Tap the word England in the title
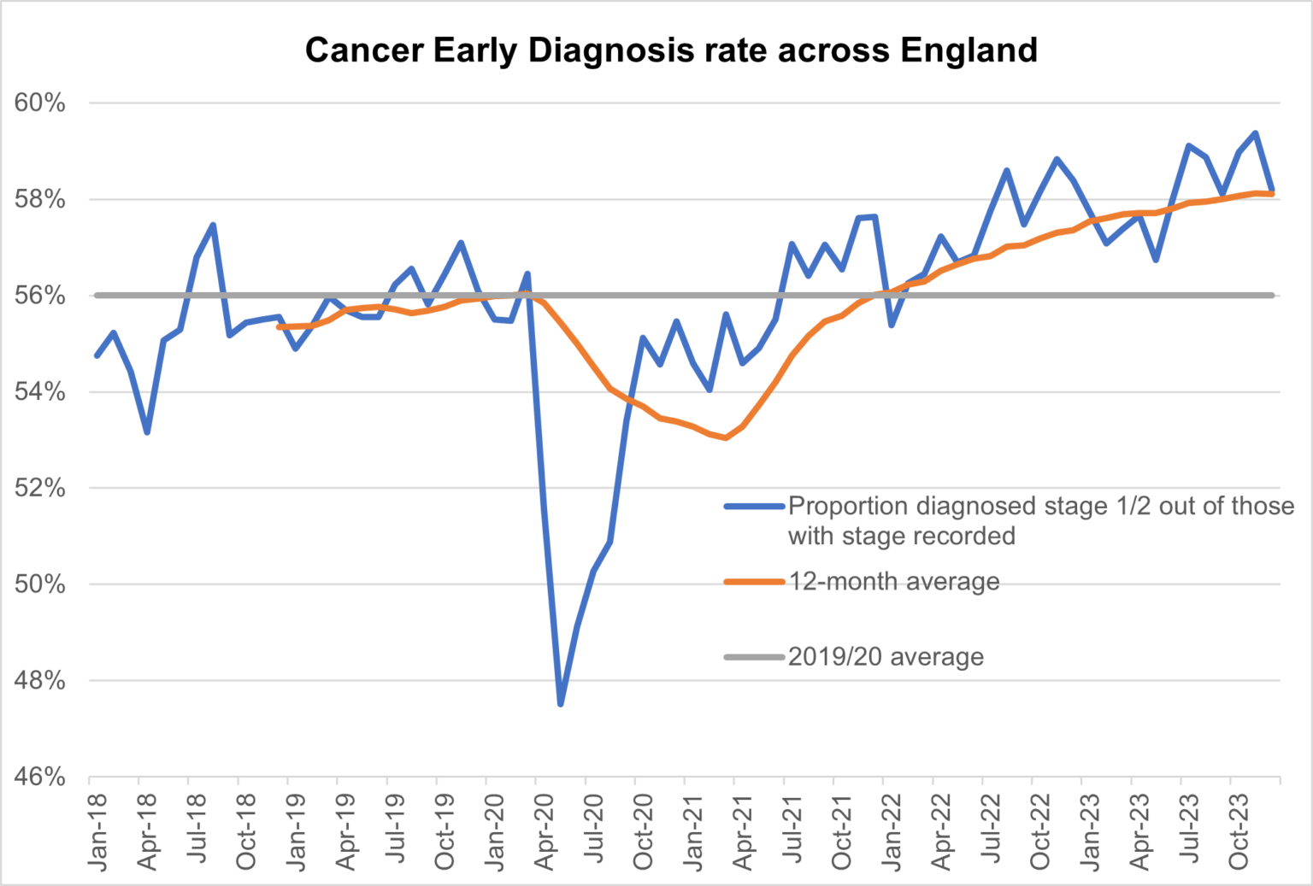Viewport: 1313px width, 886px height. click(x=969, y=50)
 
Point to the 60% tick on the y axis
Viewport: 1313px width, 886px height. click(x=40, y=103)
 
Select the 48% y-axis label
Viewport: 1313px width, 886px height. click(x=40, y=681)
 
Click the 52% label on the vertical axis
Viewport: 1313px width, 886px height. click(x=40, y=489)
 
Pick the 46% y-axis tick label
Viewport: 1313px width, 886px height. click(x=40, y=777)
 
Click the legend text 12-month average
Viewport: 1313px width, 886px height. click(x=893, y=582)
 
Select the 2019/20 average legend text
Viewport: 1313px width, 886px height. click(x=886, y=657)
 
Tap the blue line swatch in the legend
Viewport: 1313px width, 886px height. click(x=754, y=507)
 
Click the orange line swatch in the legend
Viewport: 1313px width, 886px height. click(x=754, y=582)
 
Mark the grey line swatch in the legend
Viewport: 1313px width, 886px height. click(x=754, y=657)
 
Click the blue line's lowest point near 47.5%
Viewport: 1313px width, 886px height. click(x=561, y=704)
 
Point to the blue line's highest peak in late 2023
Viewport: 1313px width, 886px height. click(x=1255, y=133)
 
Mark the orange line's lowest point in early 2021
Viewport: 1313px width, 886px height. click(x=726, y=437)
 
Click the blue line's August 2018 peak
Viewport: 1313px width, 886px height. click(x=213, y=226)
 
